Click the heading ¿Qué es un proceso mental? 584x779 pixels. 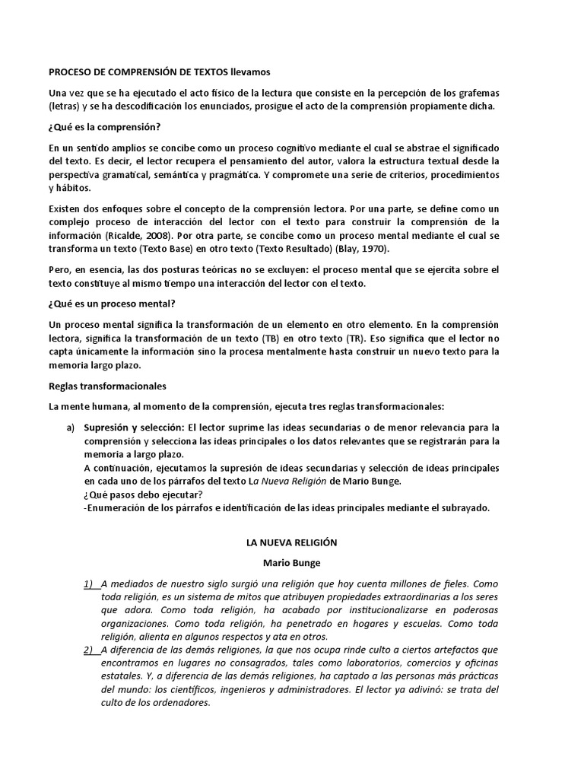(x=111, y=304)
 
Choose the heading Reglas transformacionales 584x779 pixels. (x=107, y=386)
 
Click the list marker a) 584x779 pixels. (x=70, y=427)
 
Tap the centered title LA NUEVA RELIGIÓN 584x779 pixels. (x=291, y=543)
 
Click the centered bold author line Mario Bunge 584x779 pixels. (x=291, y=563)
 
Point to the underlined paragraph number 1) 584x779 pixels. (x=90, y=583)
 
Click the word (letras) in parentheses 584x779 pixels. (x=64, y=106)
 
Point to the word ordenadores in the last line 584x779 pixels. (x=177, y=703)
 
